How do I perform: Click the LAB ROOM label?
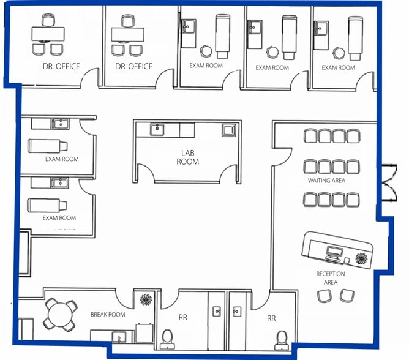coord(187,157)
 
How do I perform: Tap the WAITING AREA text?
coord(326,181)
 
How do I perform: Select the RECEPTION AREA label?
coord(331,278)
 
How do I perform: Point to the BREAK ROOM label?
coord(108,315)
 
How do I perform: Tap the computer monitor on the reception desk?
coord(334,252)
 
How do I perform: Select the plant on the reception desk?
coord(361,258)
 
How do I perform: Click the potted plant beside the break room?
coord(146,299)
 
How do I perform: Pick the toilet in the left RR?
coord(167,339)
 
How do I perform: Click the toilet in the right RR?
coord(282,340)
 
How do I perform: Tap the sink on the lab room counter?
coord(157,129)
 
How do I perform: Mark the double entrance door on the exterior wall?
coord(389,182)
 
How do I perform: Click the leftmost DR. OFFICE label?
coord(61,66)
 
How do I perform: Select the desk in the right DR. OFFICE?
coord(127,34)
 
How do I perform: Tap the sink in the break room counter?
coord(119,337)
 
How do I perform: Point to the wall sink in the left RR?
coord(217,312)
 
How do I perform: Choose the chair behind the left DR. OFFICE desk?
coord(48,20)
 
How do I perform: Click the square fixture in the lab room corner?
coord(229,130)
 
